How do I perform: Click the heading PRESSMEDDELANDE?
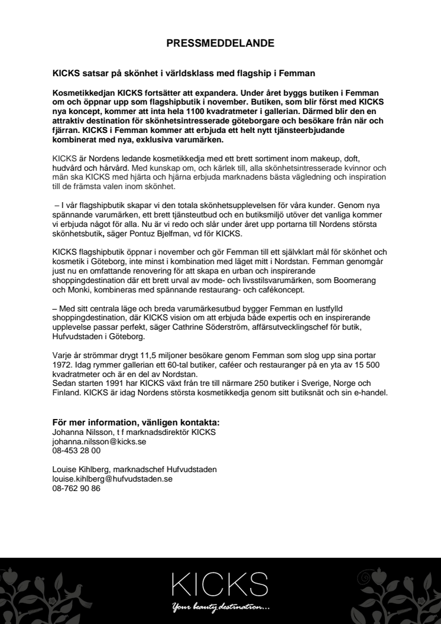[x=220, y=43]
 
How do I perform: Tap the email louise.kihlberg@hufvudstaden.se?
[x=112, y=480]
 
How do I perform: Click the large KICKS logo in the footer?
[x=219, y=583]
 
